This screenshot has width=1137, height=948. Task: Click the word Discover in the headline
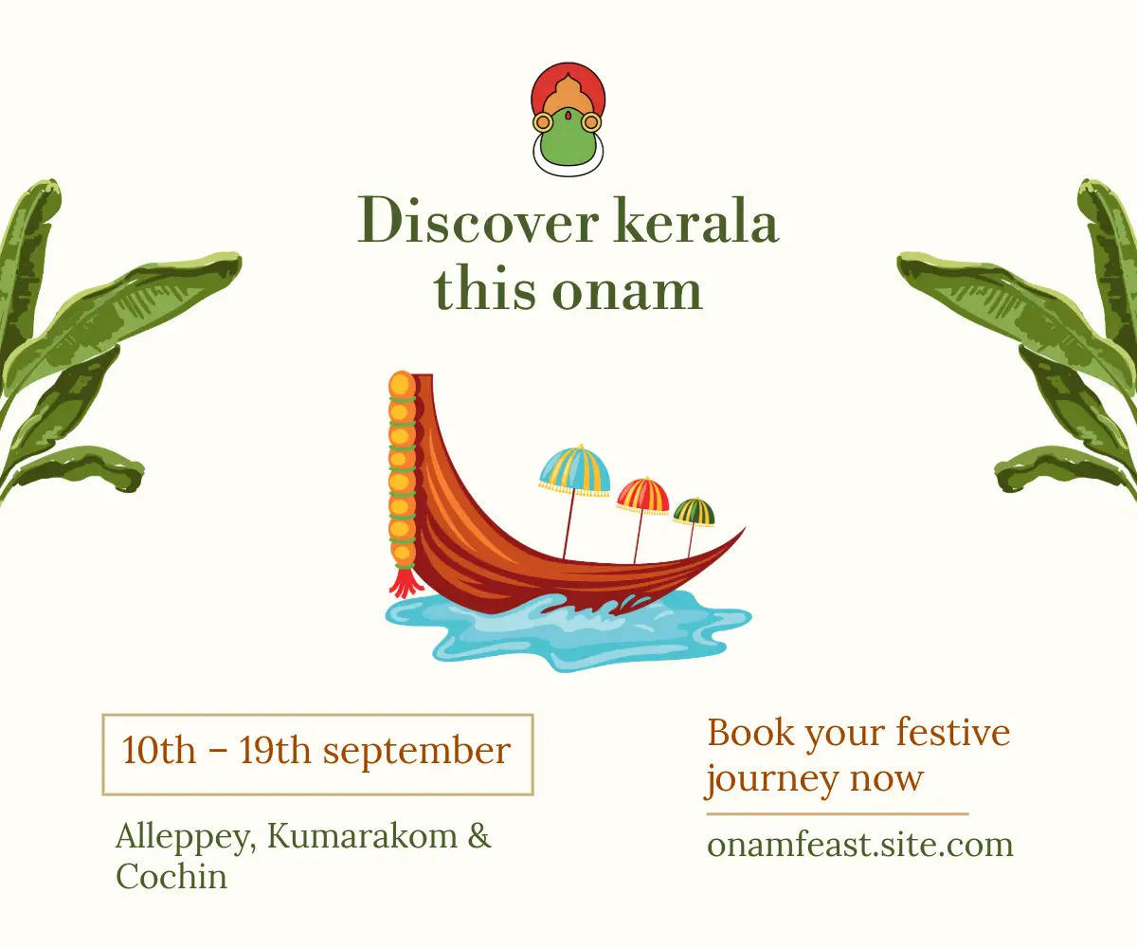point(478,222)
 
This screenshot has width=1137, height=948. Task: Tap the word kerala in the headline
point(696,221)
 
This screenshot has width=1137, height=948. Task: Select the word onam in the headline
point(627,291)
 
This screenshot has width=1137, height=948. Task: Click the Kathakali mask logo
point(568,119)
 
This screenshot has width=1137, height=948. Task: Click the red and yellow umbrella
point(643,496)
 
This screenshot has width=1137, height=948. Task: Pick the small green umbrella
point(694,512)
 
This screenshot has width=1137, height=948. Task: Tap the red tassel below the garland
point(406,581)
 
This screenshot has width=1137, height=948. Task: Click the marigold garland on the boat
point(403,468)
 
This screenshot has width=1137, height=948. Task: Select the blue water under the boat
point(568,632)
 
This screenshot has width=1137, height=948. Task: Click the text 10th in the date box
point(158,750)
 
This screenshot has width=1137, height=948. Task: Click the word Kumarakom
point(362,835)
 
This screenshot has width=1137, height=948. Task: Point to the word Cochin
point(171,877)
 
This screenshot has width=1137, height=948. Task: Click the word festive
point(953,732)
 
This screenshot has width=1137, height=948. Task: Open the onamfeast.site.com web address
point(859,845)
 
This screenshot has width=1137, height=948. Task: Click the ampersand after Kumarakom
point(479,835)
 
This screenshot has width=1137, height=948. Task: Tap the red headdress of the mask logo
point(568,82)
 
